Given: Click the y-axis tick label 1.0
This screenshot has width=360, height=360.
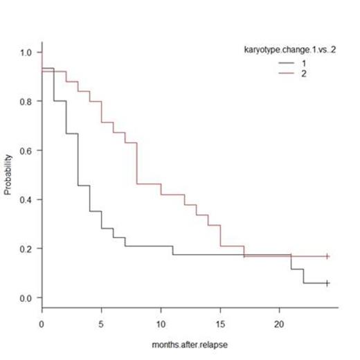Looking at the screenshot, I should point(27,52).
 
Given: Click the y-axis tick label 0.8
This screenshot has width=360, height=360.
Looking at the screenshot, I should point(27,101).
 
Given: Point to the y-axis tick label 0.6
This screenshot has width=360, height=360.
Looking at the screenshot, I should point(27,150).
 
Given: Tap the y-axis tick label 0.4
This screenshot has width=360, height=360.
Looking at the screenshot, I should point(27,199).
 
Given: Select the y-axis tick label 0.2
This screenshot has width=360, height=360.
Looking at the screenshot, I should point(27,249).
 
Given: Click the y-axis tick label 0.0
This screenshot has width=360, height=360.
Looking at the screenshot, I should point(27,298).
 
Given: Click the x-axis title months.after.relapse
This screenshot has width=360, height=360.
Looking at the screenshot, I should point(190,344).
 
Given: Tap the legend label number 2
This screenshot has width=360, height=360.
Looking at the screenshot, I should point(303,73).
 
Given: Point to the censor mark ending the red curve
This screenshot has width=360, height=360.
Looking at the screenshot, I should point(327,256).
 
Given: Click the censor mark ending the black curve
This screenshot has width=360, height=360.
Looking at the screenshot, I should point(327,283).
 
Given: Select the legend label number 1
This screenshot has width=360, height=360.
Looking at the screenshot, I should point(303,64).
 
